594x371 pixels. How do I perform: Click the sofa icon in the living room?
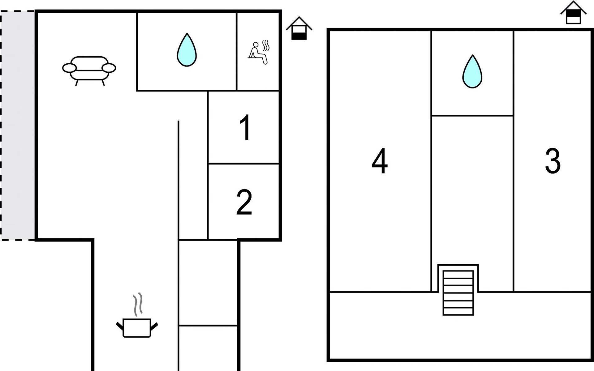pyautogui.click(x=89, y=70)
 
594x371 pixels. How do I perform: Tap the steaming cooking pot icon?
pyautogui.click(x=137, y=315)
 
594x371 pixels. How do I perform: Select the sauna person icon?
pyautogui.click(x=259, y=52)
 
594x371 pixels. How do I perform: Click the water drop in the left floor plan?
pyautogui.click(x=187, y=50)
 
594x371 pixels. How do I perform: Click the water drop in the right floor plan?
pyautogui.click(x=472, y=71)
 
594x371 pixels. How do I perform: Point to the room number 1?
pyautogui.click(x=245, y=127)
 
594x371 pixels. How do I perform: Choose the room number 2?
pyautogui.click(x=244, y=202)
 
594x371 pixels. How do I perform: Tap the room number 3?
pyautogui.click(x=553, y=161)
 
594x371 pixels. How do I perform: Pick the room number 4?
pyautogui.click(x=380, y=161)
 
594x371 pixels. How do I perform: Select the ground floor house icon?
pyautogui.click(x=299, y=28)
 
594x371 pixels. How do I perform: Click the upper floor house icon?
pyautogui.click(x=573, y=12)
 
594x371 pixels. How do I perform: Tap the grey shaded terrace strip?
pyautogui.click(x=18, y=125)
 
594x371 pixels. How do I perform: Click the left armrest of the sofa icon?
pyautogui.click(x=69, y=68)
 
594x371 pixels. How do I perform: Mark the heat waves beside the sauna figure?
pyautogui.click(x=266, y=45)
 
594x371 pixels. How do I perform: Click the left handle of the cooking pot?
pyautogui.click(x=120, y=326)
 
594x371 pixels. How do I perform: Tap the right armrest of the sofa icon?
pyautogui.click(x=109, y=68)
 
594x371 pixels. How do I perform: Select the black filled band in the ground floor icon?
pyautogui.click(x=299, y=36)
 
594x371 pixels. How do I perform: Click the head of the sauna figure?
pyautogui.click(x=256, y=45)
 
